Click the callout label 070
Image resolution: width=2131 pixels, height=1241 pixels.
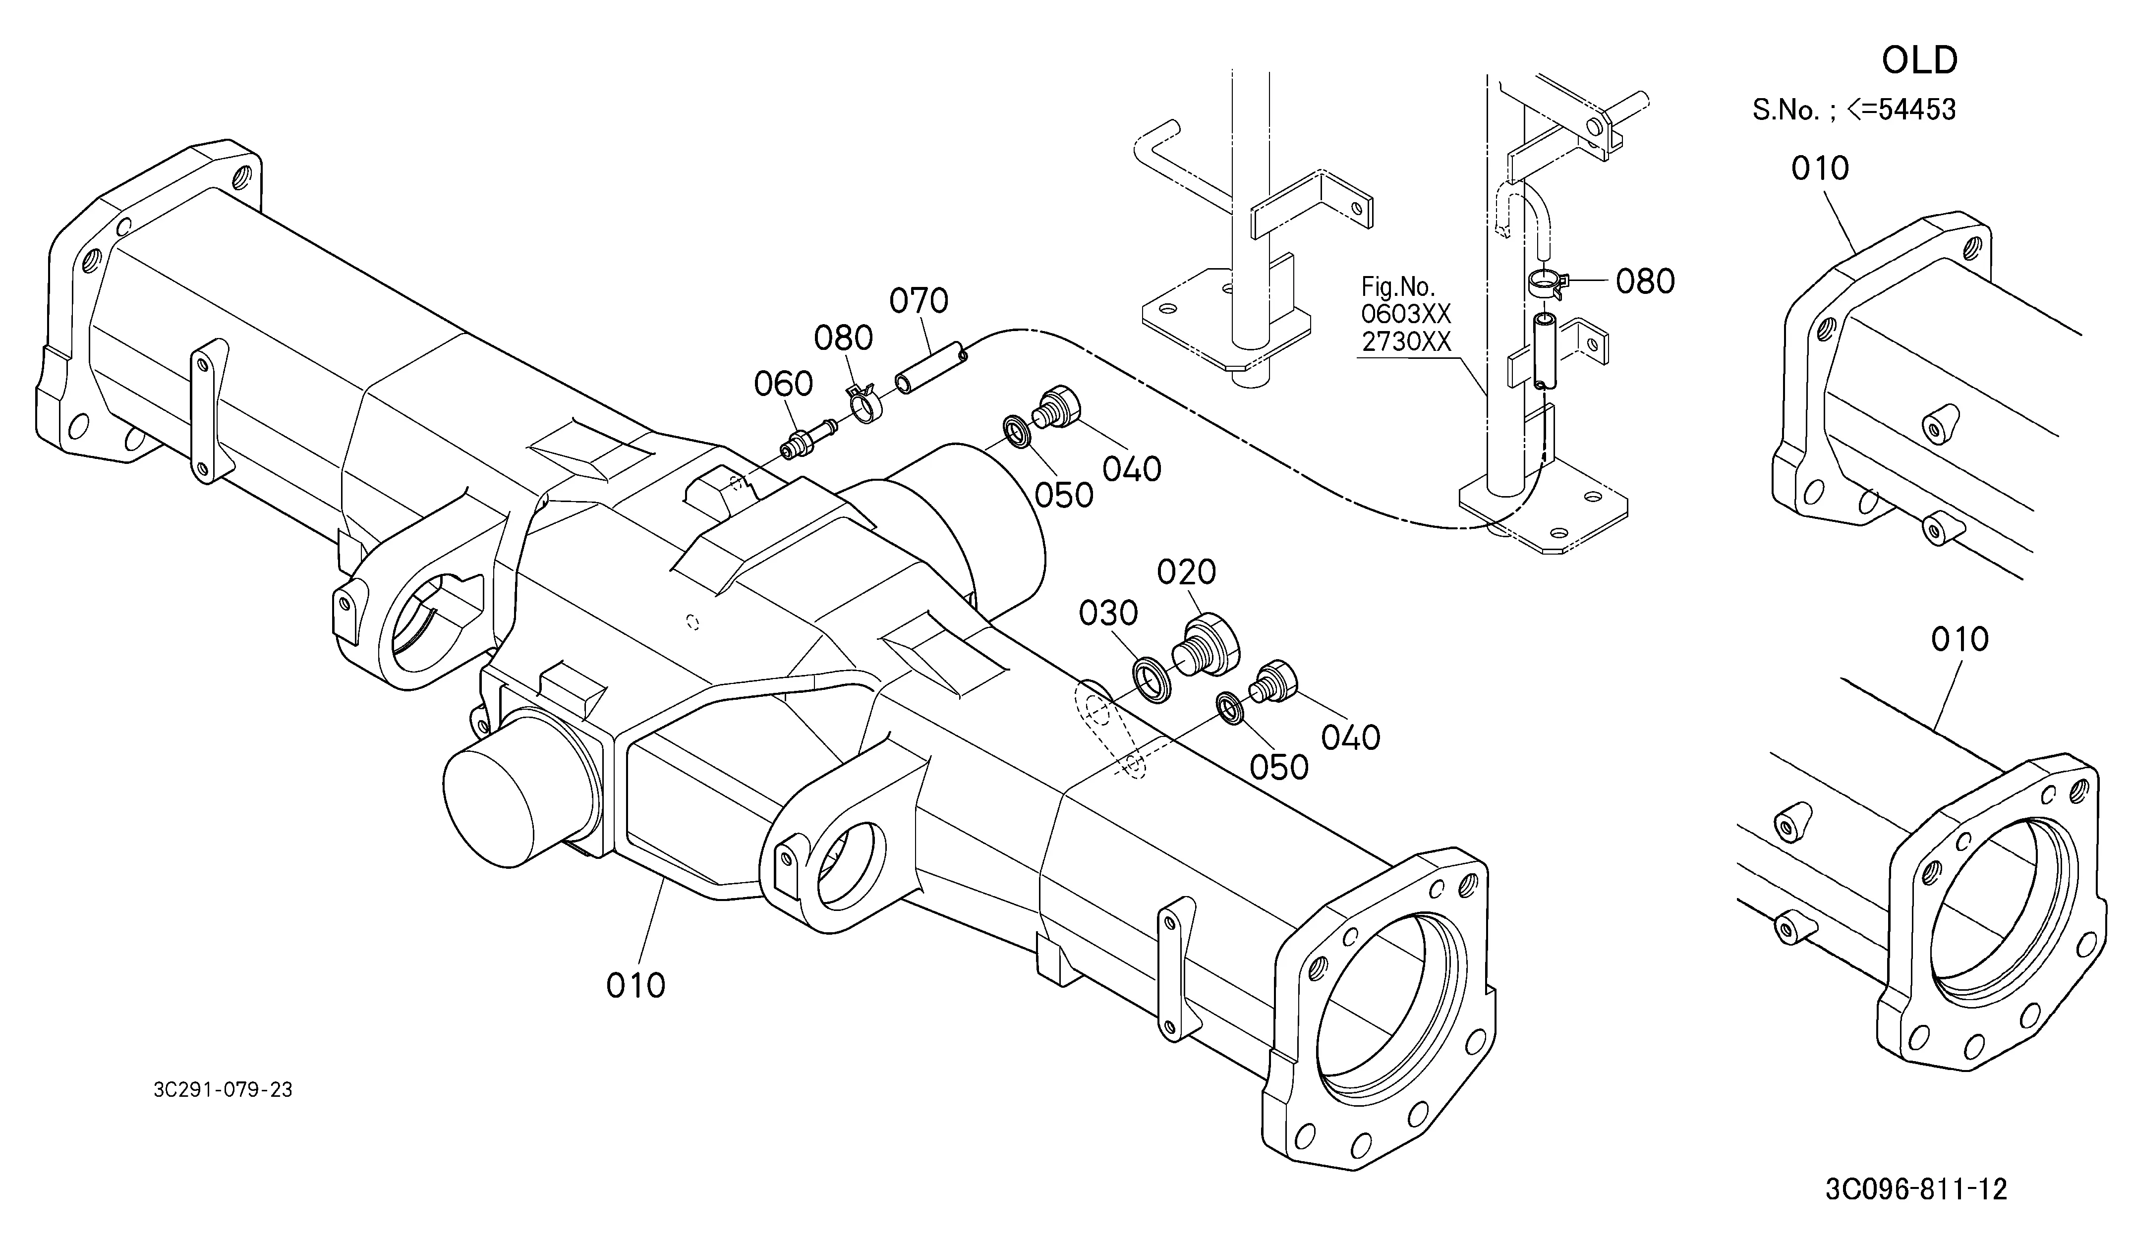coord(919,300)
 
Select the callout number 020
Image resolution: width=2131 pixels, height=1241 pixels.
coord(1186,572)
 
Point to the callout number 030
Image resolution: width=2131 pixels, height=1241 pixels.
coord(1109,614)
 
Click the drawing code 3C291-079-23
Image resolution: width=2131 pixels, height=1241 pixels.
coord(223,1090)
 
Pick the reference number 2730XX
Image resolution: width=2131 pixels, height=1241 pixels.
coord(1405,341)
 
